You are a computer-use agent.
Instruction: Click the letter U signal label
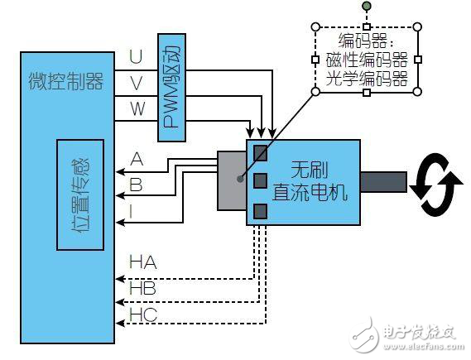pyautogui.click(x=136, y=57)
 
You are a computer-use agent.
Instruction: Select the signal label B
pyautogui.click(x=137, y=185)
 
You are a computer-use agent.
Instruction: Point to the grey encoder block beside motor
pyautogui.click(x=232, y=180)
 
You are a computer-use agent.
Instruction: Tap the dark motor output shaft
pyautogui.click(x=382, y=182)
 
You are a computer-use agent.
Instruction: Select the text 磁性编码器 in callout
pyautogui.click(x=366, y=60)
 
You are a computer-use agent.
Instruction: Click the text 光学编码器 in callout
pyautogui.click(x=366, y=79)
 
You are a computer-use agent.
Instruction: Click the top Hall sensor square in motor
pyautogui.click(x=261, y=152)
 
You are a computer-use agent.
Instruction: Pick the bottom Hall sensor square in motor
pyautogui.click(x=261, y=210)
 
